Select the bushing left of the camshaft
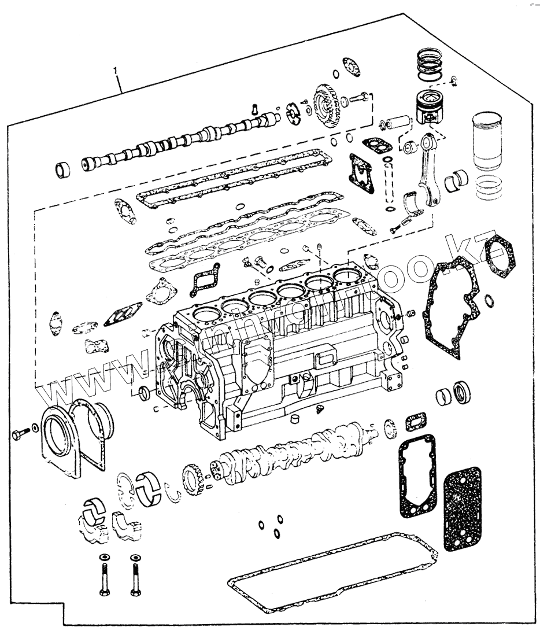[62, 170]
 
